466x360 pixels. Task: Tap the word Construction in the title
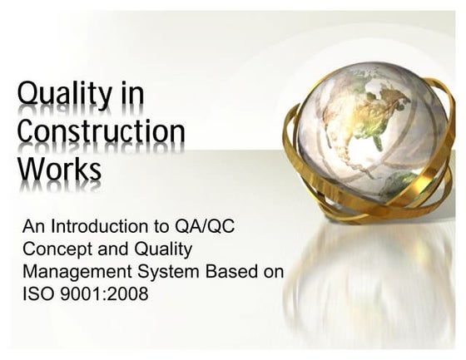pyautogui.click(x=101, y=132)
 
